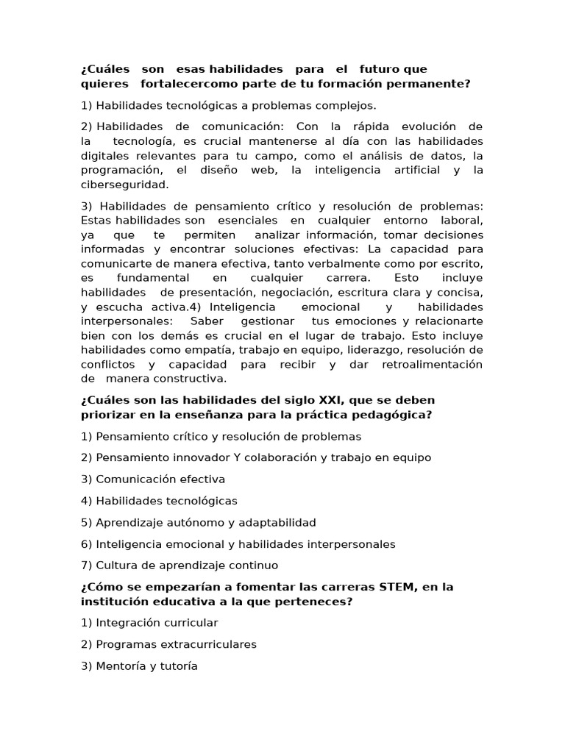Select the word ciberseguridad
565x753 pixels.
coord(124,185)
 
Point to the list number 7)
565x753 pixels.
coord(88,565)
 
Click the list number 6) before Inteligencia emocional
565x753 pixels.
coord(88,544)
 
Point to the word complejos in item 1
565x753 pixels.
coord(350,105)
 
